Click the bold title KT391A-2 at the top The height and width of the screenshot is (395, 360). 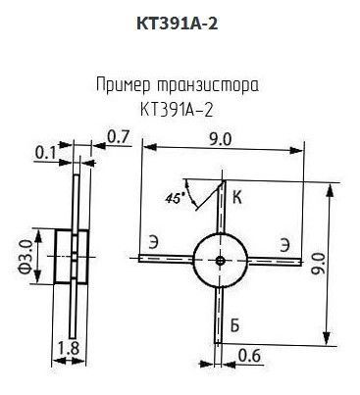(177, 24)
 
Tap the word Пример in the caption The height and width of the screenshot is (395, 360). (124, 85)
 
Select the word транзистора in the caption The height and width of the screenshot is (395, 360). (208, 85)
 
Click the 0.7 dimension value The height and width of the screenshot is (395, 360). (119, 137)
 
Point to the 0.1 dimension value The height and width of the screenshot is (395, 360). (45, 152)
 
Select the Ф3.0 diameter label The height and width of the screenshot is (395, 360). (26, 256)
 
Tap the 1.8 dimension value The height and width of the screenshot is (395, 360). (69, 348)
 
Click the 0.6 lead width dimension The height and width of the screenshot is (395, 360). (249, 356)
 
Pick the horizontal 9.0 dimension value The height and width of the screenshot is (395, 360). (220, 139)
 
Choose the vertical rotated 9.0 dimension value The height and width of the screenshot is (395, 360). (318, 264)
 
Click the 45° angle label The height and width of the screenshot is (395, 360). (175, 198)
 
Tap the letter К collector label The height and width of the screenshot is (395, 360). (237, 197)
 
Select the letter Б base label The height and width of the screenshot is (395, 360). (234, 325)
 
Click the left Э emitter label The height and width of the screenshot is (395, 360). (153, 244)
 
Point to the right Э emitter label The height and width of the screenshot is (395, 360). (284, 245)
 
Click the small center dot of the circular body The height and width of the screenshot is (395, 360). (220, 261)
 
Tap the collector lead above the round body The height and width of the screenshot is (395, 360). (222, 207)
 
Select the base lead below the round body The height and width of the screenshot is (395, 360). (218, 315)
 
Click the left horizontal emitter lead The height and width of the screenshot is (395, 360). (166, 259)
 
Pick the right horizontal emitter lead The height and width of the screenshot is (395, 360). (274, 261)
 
